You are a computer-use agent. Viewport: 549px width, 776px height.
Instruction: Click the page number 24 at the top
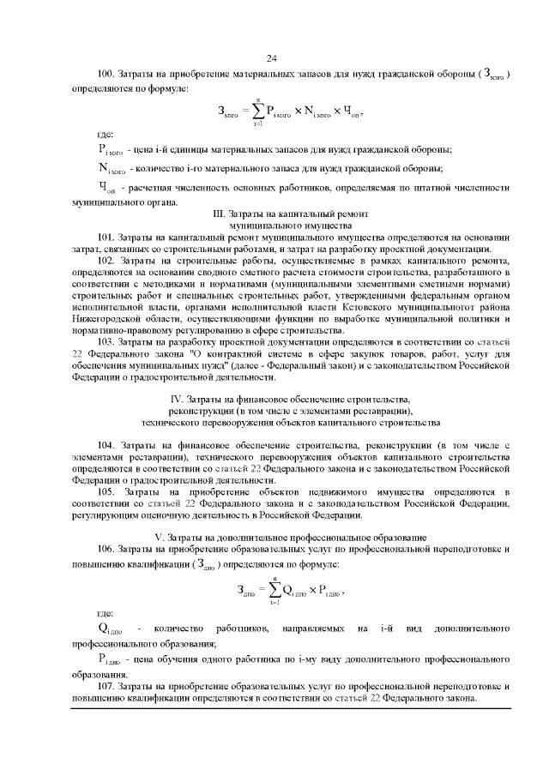point(274,57)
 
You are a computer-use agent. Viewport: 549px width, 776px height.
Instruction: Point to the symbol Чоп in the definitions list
point(108,189)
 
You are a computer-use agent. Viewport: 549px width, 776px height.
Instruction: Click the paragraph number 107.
point(105,687)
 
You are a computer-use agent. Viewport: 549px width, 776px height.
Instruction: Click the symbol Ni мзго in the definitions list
point(112,168)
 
